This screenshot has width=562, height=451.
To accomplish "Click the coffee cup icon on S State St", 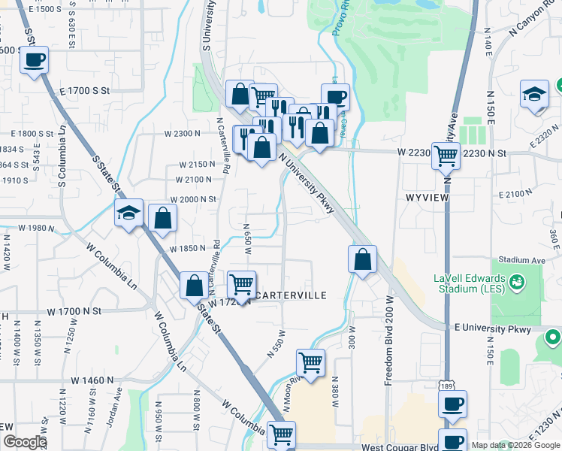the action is pos(34,59).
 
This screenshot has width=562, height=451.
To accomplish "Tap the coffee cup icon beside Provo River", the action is pos(335,96).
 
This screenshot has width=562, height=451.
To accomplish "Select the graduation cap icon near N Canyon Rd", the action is pos(534,94).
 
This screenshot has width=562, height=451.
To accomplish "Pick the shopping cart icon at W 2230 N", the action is pos(446,156).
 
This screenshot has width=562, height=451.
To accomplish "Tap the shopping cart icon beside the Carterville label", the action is pos(241,284).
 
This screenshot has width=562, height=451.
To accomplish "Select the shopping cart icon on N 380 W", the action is pos(310,362).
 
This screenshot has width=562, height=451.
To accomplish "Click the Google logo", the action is pos(24,442).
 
